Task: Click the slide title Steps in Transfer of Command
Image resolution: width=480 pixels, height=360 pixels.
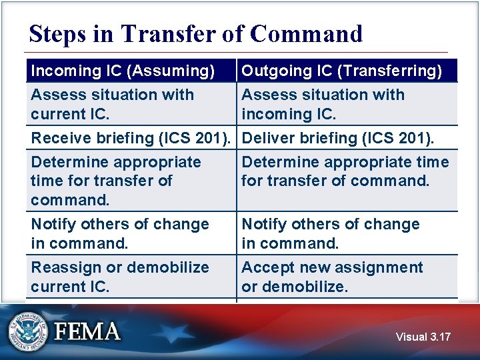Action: coord(195,33)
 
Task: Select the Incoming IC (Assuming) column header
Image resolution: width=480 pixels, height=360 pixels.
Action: coord(123,71)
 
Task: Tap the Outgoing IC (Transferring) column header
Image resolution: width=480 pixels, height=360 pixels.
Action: coord(341,71)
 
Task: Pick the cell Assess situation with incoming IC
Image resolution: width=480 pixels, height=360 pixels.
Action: coord(323,104)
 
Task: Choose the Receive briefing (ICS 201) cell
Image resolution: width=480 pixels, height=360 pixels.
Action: coord(132,138)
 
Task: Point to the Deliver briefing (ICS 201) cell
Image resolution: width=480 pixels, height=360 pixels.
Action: coord(337,138)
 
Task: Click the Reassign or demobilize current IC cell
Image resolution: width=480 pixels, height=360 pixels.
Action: coord(120,277)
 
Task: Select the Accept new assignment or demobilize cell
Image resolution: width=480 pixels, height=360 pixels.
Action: coord(332,277)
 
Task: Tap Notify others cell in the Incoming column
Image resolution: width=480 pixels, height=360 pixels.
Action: coord(120,233)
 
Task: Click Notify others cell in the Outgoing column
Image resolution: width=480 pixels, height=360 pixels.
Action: coord(331,233)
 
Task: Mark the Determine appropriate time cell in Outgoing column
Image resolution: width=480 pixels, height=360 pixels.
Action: coord(345,171)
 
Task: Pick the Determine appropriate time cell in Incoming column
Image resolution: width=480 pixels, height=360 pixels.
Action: coord(116,181)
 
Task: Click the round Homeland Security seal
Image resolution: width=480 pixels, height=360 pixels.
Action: coord(29,331)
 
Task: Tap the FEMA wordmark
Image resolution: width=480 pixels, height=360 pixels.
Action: coord(87,331)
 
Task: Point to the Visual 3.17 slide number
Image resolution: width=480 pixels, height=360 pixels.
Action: coord(423,337)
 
